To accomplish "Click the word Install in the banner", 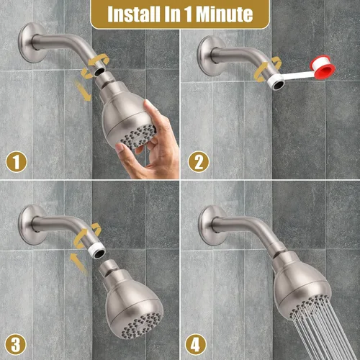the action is point(134,14).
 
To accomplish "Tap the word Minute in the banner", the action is point(225,14).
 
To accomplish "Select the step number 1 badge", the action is point(17,162).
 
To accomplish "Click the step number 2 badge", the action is point(199,162).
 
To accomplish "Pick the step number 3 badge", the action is point(16,345).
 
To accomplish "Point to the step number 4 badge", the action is point(196,345).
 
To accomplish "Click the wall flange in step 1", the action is point(31,42).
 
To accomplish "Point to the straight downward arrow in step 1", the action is point(83,91).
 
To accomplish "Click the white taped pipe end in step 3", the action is point(97,251).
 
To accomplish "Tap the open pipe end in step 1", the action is point(99,71).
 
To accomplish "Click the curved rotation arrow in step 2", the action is point(267,69).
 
